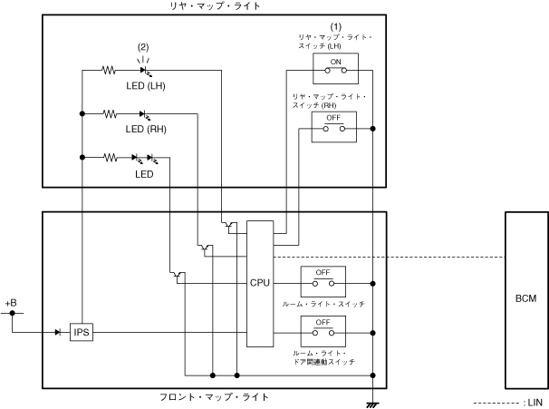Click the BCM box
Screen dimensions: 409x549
pyautogui.click(x=525, y=298)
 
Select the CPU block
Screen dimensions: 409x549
pyautogui.click(x=260, y=283)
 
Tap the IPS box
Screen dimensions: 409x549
pyautogui.click(x=82, y=333)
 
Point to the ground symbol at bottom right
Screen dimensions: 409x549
pyautogui.click(x=372, y=402)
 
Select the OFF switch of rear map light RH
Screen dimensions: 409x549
pyautogui.click(x=334, y=128)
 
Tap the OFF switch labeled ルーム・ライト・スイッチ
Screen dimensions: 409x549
pyautogui.click(x=323, y=279)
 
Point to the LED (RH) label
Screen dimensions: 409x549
pyautogui.click(x=145, y=129)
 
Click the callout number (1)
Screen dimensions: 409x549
pyautogui.click(x=335, y=25)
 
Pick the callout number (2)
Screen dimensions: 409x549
pyautogui.click(x=143, y=46)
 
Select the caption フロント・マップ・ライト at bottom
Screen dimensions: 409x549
pyautogui.click(x=214, y=397)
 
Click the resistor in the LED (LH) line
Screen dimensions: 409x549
pyautogui.click(x=110, y=69)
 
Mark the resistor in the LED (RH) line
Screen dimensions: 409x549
pyautogui.click(x=110, y=113)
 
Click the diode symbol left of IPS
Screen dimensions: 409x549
pyautogui.click(x=56, y=333)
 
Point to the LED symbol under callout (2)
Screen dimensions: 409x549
pyautogui.click(x=143, y=69)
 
